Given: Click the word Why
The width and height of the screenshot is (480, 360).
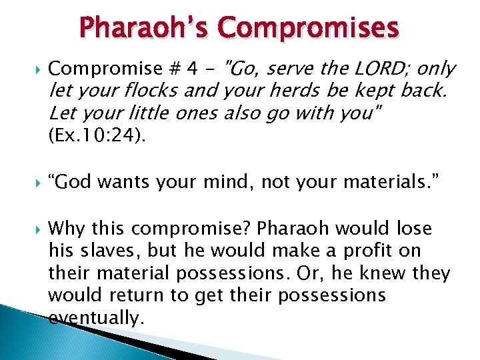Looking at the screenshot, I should click(67, 229).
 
